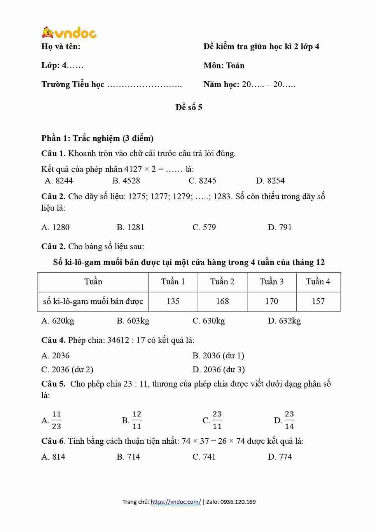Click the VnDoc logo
click(x=69, y=33)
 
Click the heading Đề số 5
click(x=189, y=107)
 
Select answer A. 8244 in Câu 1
click(x=59, y=180)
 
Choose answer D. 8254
click(x=270, y=180)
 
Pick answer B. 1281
click(x=130, y=227)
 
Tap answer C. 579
click(x=204, y=227)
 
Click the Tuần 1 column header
click(x=173, y=282)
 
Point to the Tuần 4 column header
click(x=318, y=282)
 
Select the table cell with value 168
click(x=222, y=301)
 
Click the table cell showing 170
click(x=271, y=301)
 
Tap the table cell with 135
click(x=173, y=301)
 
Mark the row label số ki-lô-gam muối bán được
click(x=93, y=301)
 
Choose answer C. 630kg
click(x=208, y=321)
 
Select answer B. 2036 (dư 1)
click(x=218, y=355)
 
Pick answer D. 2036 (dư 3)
click(x=219, y=369)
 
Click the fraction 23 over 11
click(x=217, y=420)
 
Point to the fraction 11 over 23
click(x=56, y=420)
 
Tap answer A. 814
click(x=53, y=457)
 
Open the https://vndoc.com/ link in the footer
click(x=176, y=502)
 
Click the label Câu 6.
click(x=53, y=441)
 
